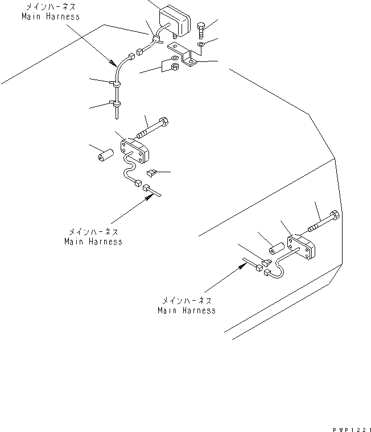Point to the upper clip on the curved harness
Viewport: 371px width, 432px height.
[116, 84]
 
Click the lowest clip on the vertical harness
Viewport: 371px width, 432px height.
[116, 105]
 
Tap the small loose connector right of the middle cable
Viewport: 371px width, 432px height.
[151, 172]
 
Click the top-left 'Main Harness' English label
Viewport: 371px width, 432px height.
[50, 17]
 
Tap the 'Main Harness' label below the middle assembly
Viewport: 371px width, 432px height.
[93, 242]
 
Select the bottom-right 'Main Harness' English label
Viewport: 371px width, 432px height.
[187, 310]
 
